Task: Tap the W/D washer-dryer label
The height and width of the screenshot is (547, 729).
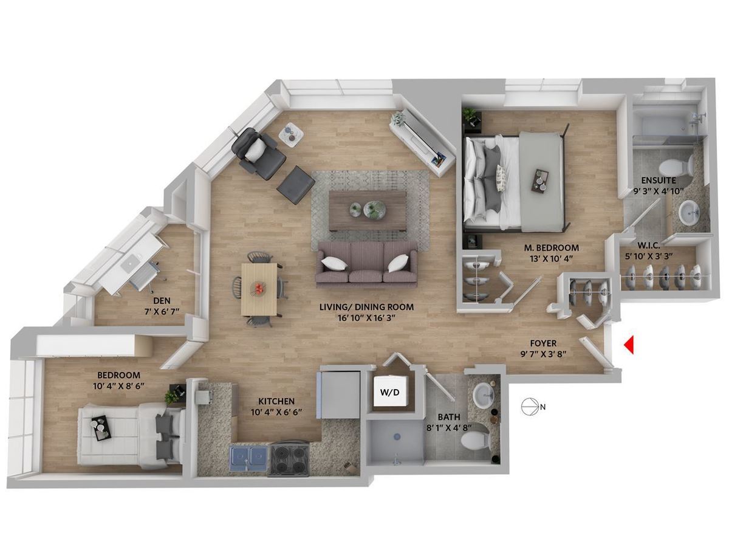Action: coord(389,392)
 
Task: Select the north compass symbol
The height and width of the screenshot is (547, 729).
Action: coord(530,407)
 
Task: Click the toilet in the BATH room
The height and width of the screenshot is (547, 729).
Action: coord(475,440)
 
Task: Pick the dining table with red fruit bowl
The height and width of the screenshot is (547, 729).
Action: coord(259,289)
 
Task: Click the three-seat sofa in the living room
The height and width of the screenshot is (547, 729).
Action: coord(367,263)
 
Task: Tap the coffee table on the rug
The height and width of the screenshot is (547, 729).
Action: coord(368,211)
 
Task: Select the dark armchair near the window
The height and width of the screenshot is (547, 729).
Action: coord(259,151)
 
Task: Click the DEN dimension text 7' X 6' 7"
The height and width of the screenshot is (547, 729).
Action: coord(162,311)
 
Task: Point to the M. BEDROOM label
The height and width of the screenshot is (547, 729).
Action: coord(552,248)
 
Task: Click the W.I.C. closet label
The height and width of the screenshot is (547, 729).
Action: coord(648,246)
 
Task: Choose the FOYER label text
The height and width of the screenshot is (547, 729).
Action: coord(543,343)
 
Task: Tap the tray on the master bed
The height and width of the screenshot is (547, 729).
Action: coord(540,181)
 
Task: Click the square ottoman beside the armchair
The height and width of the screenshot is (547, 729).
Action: coord(296,185)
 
